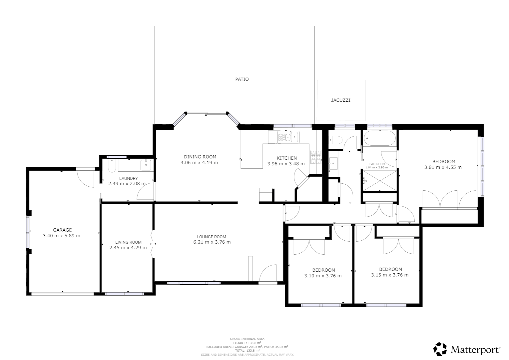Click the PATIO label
(x=242, y=79)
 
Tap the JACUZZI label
(x=340, y=100)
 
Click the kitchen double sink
(x=288, y=137)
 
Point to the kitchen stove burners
(x=316, y=157)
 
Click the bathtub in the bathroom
(x=379, y=138)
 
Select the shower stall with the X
(x=380, y=181)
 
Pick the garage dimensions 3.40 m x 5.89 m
(x=62, y=236)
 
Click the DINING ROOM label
(x=200, y=157)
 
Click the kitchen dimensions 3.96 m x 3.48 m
(x=286, y=164)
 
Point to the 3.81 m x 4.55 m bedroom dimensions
(x=443, y=167)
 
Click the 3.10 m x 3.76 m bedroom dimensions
(x=323, y=276)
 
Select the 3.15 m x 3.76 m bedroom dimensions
(x=390, y=275)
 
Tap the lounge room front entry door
(x=268, y=273)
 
